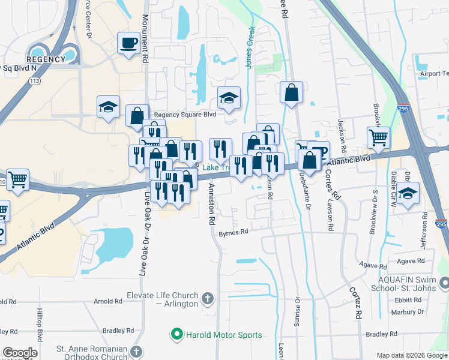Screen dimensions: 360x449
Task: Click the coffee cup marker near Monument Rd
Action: tap(128, 43)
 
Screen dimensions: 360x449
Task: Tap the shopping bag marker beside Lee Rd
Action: tap(291, 93)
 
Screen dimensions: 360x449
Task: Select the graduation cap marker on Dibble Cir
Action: tap(408, 194)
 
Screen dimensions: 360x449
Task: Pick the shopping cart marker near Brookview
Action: tap(378, 138)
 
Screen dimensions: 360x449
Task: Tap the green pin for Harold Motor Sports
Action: tap(177, 334)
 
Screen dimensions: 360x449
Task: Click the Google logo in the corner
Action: tap(20, 353)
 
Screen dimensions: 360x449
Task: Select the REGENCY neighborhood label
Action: tap(46, 59)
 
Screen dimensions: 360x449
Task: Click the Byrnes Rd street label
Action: tap(234, 233)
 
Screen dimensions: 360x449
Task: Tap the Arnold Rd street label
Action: tap(107, 301)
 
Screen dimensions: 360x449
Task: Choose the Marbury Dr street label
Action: tap(407, 312)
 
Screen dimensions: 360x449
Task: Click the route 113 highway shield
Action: tap(34, 80)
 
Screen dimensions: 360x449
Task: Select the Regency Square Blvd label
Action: tap(184, 115)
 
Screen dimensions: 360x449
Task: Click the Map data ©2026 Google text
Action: tap(412, 355)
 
